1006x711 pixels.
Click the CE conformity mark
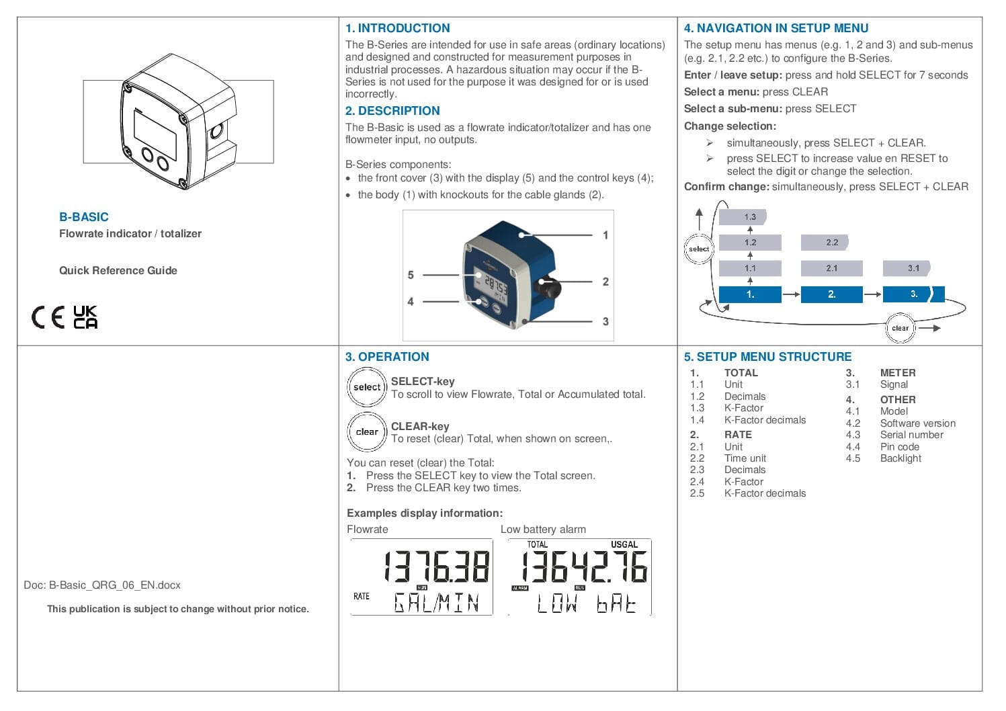pos(48,317)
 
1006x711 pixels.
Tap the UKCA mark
pos(85,317)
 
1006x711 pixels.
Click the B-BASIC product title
pos(84,217)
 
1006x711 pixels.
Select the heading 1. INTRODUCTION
pos(397,28)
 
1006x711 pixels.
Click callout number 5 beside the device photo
pos(411,275)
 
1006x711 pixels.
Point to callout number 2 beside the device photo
pos(605,282)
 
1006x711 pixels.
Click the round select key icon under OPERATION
pos(367,387)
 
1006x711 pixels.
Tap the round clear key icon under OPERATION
pos(367,431)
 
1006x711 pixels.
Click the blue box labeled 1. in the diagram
pos(750,294)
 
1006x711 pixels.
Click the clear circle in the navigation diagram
pos(900,328)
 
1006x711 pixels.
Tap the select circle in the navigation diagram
pos(699,249)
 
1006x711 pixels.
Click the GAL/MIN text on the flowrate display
pos(436,603)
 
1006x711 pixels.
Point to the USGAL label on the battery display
pos(624,544)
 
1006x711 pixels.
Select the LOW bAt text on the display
pos(586,604)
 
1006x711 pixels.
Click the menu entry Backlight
pos(900,458)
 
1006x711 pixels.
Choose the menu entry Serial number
pos(911,435)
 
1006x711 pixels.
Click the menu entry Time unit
pos(745,458)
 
